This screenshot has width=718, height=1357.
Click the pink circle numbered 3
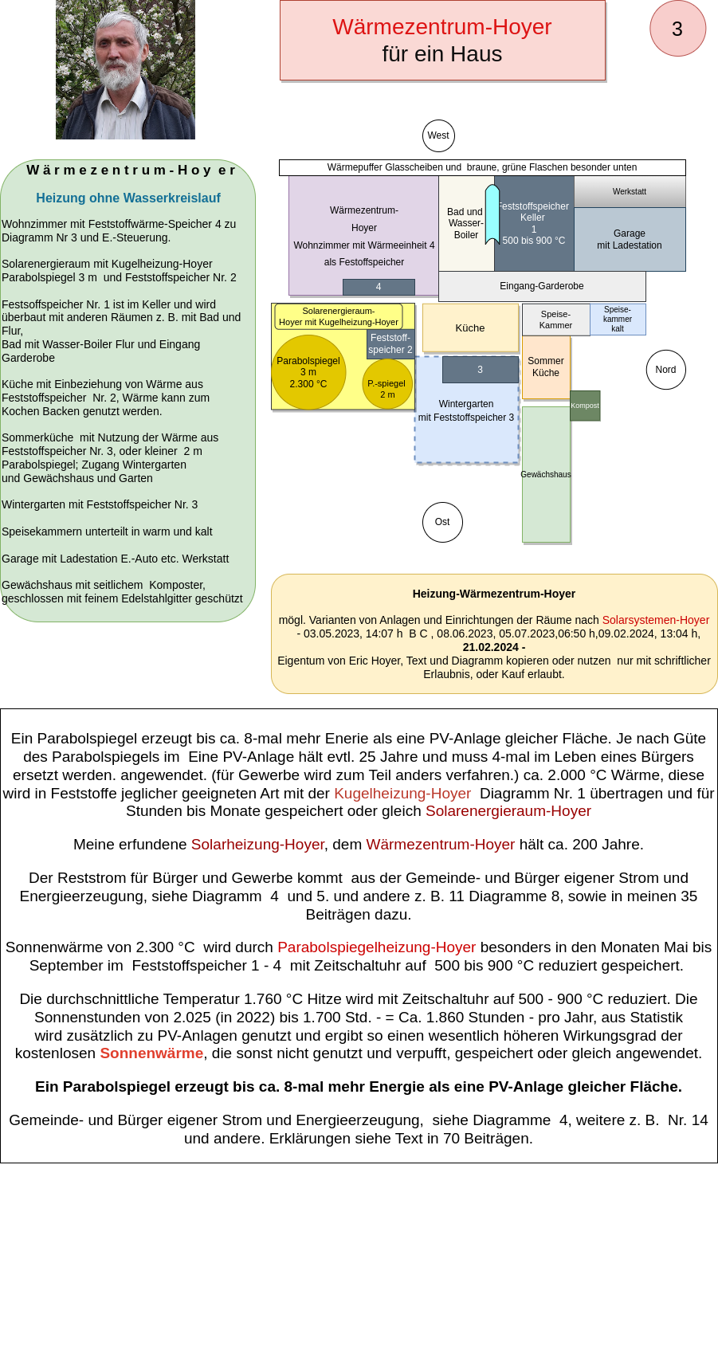(x=677, y=29)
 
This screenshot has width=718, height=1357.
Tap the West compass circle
(x=438, y=135)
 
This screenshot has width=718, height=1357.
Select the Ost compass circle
(x=442, y=522)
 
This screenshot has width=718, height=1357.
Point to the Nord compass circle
(x=665, y=370)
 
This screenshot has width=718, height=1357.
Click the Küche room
(x=470, y=327)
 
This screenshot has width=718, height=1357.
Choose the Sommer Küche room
(x=546, y=367)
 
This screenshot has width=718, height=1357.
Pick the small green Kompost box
(x=585, y=406)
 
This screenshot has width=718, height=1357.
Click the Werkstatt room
(x=630, y=192)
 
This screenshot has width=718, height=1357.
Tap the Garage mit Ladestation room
(x=630, y=239)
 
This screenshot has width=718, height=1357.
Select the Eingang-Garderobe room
(x=542, y=286)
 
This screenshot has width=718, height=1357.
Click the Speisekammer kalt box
(x=618, y=320)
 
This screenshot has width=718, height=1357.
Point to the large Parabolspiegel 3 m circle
(x=308, y=373)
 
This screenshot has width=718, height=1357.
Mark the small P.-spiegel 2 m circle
(x=387, y=384)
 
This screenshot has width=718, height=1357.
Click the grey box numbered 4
(x=379, y=287)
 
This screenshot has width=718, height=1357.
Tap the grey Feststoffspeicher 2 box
(x=390, y=344)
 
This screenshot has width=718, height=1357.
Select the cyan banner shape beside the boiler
(x=492, y=215)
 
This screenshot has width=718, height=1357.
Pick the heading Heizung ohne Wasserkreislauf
(x=128, y=198)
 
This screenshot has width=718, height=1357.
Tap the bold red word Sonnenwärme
(x=151, y=1053)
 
